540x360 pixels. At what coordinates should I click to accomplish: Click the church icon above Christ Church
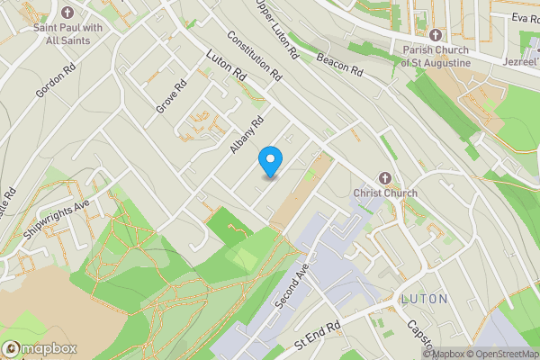386,176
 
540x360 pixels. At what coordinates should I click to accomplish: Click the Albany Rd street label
246,135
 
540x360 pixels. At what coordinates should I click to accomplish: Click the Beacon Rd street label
338,64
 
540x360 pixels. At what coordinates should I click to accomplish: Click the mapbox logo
40,348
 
